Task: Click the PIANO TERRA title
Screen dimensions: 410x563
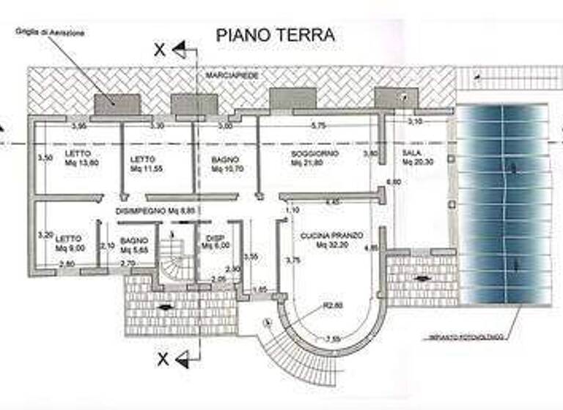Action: point(275,34)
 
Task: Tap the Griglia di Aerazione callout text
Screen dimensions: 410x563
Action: point(50,33)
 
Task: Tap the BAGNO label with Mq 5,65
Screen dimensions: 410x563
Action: point(135,244)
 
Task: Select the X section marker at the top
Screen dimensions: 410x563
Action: point(160,51)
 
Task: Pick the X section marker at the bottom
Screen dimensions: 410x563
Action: point(163,359)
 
